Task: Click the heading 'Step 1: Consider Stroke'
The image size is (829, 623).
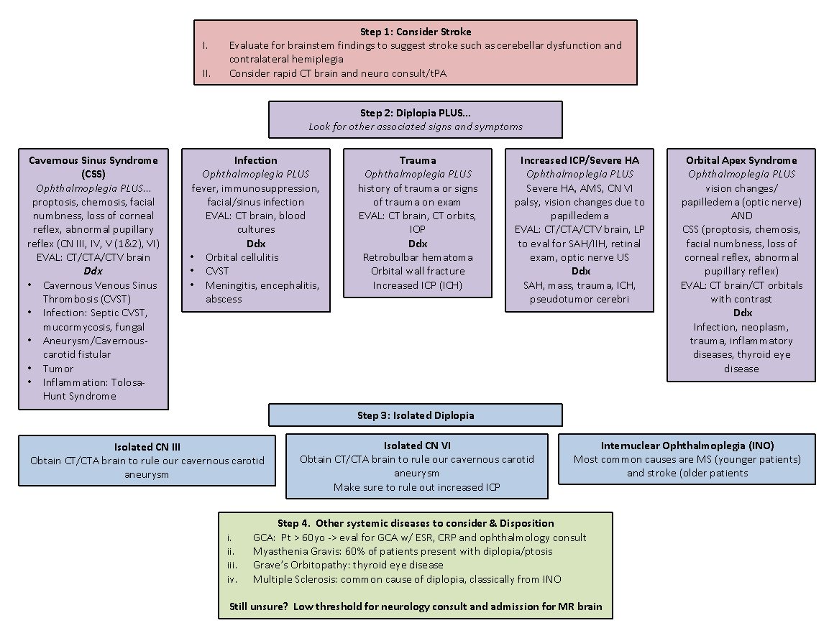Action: (416, 32)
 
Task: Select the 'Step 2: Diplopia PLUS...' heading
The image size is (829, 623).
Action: (416, 113)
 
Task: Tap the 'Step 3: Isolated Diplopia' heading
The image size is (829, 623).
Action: (416, 415)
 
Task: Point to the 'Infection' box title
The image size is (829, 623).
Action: (255, 160)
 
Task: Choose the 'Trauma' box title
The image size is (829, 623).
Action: (418, 160)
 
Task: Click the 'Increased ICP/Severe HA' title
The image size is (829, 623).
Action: (580, 160)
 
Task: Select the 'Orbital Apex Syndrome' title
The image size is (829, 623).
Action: (741, 160)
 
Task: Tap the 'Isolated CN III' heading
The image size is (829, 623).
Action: (147, 447)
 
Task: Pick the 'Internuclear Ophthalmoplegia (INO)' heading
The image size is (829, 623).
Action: (687, 446)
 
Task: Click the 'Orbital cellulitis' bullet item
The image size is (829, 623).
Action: (242, 257)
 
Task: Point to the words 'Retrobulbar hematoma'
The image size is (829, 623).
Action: (418, 257)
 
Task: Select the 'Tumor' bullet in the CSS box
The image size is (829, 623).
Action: (58, 368)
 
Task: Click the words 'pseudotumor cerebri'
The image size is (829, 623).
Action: (580, 299)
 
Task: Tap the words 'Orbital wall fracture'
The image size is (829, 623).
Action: (418, 271)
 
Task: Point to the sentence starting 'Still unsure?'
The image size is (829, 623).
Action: (416, 606)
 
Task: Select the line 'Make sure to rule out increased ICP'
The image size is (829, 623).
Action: (417, 487)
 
